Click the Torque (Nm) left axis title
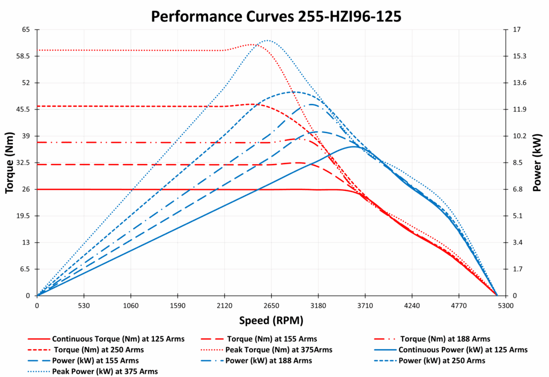[10, 162]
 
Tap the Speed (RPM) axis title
[271, 320]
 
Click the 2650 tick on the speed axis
[271, 306]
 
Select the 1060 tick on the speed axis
[131, 306]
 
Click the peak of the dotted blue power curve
[267, 40]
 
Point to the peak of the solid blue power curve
[354, 146]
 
